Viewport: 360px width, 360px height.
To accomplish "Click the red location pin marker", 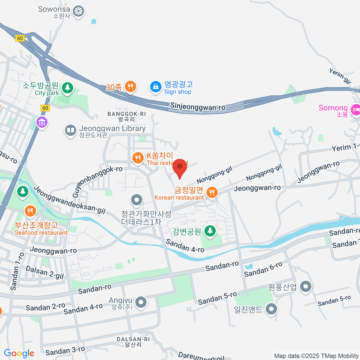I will pos(180,168).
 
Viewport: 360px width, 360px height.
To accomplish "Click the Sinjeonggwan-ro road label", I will pos(198,107).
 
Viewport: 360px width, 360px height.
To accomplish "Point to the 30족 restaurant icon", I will pos(130,87).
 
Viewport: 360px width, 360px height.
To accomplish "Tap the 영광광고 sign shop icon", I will pos(156,87).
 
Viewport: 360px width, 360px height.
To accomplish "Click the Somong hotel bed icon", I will pos(355,109).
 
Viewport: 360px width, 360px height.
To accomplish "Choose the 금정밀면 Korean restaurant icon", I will pos(212,192).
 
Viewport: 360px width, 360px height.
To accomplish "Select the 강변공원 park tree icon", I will pos(210,231).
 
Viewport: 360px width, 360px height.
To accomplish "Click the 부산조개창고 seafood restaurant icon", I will pos(30,211).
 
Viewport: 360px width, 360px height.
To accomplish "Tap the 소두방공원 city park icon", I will pos(67,88).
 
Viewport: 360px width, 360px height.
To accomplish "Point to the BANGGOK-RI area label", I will pos(127,114).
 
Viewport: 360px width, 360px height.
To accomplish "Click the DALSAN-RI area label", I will pos(133,339).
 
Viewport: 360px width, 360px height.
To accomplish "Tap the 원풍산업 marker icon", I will pos(306,286).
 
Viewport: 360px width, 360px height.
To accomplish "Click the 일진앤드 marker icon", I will pos(271,309).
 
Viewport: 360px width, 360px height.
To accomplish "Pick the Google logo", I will pos(19,353).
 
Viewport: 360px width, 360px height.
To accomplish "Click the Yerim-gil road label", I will pos(340,76).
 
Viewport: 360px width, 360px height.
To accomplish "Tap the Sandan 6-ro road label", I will pos(263,269).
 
